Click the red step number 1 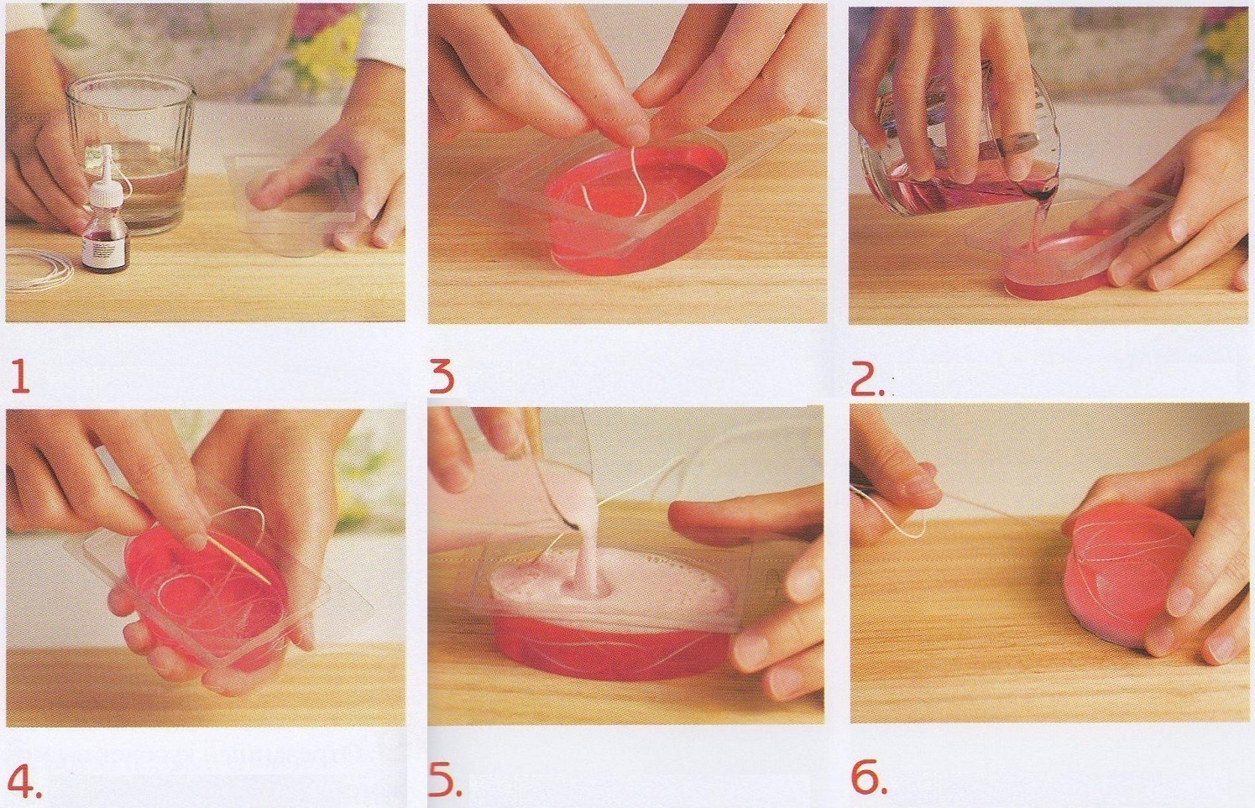point(20,376)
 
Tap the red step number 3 point(442,376)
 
